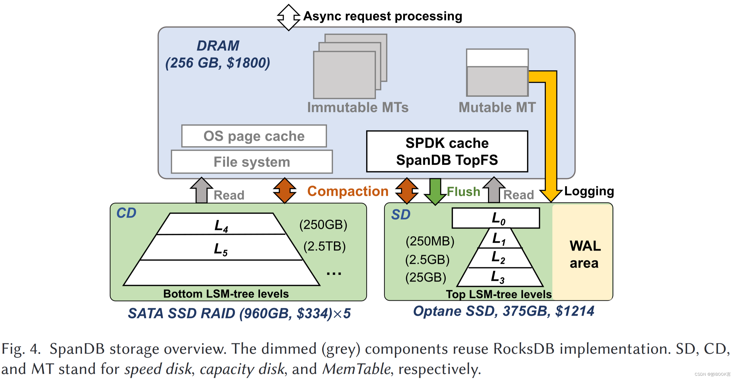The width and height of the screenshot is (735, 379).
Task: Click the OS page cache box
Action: pos(254,136)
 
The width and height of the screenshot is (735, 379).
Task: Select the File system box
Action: pos(251,162)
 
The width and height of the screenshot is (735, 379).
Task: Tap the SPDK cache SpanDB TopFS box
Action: pos(447,151)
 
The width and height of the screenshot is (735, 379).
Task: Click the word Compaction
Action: pos(348,191)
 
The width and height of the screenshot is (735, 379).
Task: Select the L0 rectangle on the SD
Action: pos(496,218)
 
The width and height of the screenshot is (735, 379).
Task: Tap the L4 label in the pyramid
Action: pos(221,226)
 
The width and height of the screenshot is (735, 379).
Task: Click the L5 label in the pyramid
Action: pos(220,249)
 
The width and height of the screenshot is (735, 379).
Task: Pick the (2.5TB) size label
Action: pos(324,246)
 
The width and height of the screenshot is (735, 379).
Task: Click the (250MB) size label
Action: pos(430,241)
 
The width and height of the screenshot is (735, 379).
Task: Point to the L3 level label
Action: pos(497,277)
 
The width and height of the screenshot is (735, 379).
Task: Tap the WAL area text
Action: pos(585,254)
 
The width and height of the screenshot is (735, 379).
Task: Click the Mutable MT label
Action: pos(497,108)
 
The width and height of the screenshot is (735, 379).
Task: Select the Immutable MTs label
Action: pos(358,108)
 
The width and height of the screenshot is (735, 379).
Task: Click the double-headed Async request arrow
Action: pos(289,17)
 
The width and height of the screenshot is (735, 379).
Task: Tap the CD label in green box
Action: pos(126,213)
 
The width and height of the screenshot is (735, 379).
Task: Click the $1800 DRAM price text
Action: pos(248,63)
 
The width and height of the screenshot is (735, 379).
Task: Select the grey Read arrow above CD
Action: pos(201,190)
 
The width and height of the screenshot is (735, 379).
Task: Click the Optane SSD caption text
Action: pos(503,311)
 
